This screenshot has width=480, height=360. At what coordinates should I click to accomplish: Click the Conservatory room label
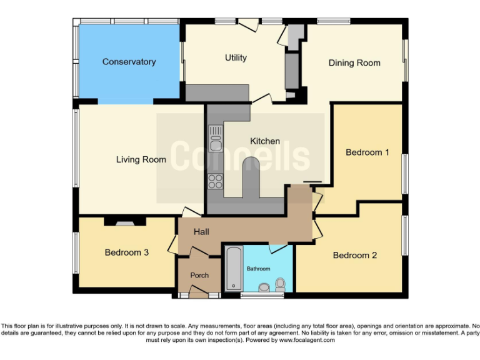[x=129, y=62]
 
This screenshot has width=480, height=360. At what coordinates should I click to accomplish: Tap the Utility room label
[x=236, y=58]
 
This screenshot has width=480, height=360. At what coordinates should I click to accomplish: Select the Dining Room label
[x=354, y=62]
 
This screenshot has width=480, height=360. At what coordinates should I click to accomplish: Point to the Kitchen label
[x=265, y=141]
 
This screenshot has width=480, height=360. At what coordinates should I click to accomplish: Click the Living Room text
[x=141, y=159]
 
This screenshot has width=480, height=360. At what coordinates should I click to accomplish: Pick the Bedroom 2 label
[x=355, y=255]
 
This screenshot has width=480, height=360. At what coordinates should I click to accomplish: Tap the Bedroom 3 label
[x=127, y=252]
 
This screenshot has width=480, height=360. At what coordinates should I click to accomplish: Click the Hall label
[x=201, y=232]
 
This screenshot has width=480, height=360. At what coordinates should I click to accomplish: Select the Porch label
[x=199, y=275]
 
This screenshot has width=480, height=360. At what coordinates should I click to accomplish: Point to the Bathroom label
[x=258, y=269]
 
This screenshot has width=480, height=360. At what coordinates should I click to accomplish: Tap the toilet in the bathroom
[x=279, y=285]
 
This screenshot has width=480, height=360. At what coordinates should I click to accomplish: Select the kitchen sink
[x=216, y=139]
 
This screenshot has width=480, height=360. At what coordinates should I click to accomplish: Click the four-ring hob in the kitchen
[x=216, y=181]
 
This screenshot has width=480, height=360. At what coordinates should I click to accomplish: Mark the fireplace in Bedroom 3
[x=124, y=221]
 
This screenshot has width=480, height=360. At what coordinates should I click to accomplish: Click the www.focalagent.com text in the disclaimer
[x=307, y=341]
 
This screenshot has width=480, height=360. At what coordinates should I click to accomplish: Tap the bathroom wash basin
[x=264, y=288]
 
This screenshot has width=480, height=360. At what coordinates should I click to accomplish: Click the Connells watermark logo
[x=240, y=156]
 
